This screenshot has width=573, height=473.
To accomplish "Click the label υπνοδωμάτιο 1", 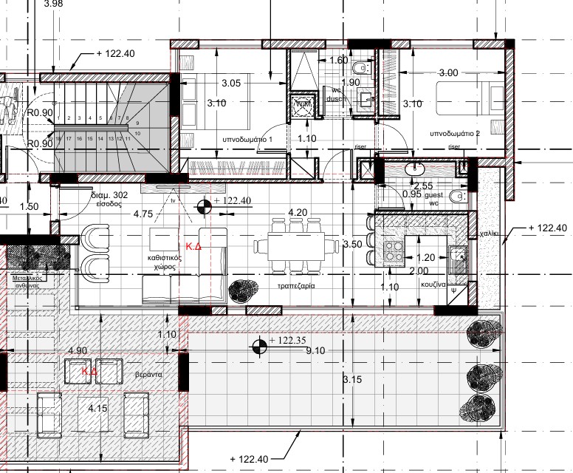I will click(247, 140).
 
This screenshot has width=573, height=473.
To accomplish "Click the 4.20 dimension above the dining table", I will click(298, 213).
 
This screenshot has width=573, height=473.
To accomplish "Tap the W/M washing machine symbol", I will click(303, 105).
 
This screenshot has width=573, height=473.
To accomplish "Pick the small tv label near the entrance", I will click(172, 200).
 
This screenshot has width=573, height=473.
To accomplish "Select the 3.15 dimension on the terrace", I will click(354, 379).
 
